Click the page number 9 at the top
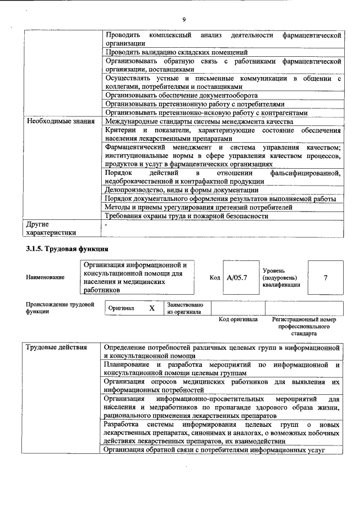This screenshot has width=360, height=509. (184, 20)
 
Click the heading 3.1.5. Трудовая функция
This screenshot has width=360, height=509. (67, 249)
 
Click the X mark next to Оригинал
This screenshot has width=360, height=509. (151, 309)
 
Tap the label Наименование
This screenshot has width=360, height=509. (44, 277)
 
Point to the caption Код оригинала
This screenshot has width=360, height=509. (238, 319)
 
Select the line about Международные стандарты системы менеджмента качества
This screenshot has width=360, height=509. (199, 121)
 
